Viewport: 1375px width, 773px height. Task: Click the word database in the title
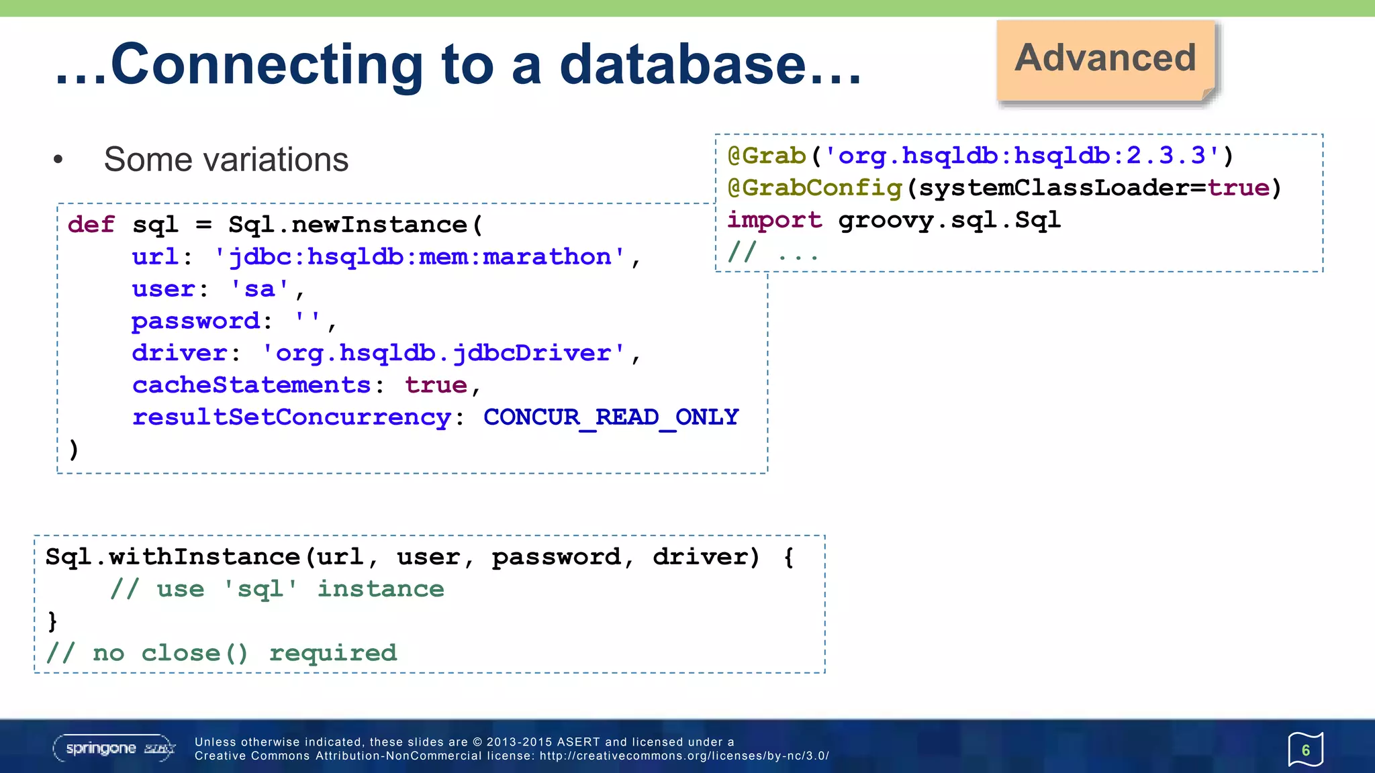683,65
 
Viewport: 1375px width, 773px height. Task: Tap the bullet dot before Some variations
58,160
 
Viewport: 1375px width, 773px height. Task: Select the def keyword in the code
91,225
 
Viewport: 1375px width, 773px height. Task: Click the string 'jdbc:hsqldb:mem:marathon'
419,257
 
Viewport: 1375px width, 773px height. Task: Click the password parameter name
195,321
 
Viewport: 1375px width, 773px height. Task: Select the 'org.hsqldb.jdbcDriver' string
443,353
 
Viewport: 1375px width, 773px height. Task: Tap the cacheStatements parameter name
251,385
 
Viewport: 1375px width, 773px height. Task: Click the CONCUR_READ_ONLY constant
611,417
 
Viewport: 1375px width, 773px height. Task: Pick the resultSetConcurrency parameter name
291,417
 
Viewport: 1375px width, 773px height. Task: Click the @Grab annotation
767,156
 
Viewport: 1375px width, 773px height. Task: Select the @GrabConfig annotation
815,188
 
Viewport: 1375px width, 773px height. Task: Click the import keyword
775,220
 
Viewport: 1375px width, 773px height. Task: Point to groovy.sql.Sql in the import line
949,220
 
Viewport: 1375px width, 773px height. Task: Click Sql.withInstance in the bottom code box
173,557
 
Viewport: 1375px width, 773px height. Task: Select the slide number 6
1305,750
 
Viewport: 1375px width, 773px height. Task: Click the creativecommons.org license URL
684,756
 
